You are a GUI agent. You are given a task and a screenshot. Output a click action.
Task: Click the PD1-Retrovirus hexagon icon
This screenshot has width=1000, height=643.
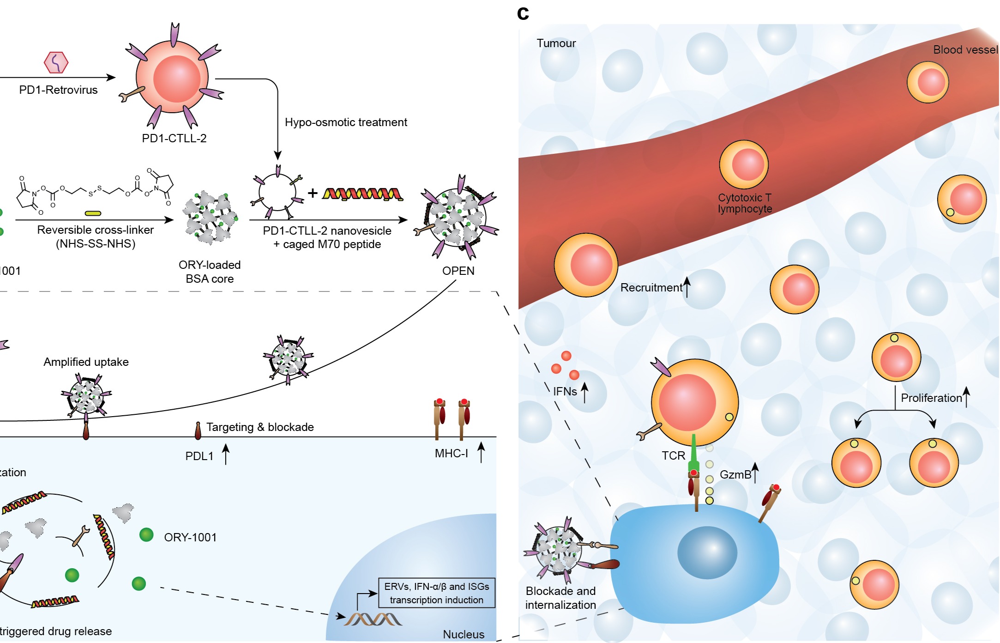(56, 62)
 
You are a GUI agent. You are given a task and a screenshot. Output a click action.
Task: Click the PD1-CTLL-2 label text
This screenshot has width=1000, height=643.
(174, 138)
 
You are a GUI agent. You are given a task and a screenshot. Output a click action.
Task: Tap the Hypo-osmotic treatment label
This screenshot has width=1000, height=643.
(346, 122)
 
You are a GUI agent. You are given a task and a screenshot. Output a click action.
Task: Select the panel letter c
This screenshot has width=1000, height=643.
(523, 13)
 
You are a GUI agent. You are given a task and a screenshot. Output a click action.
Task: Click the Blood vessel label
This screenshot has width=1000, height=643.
(965, 50)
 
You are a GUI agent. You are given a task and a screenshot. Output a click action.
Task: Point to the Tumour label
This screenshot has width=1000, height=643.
(556, 43)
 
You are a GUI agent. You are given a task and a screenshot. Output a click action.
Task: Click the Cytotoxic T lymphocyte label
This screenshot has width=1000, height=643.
(744, 203)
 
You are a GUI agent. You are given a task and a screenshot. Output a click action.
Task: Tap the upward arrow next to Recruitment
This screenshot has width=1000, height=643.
(687, 287)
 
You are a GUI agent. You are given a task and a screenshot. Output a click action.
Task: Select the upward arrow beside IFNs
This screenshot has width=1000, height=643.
(584, 392)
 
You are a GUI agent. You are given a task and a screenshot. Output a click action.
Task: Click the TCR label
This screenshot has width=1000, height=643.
(673, 456)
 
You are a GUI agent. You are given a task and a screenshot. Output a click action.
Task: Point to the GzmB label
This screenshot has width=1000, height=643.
(735, 475)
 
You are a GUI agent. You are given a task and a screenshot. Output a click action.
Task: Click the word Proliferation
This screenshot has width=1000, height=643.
(931, 398)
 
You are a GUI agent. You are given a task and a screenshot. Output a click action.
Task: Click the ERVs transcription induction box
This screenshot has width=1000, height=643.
(436, 593)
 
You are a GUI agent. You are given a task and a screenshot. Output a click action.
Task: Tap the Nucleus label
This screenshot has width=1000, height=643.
(464, 635)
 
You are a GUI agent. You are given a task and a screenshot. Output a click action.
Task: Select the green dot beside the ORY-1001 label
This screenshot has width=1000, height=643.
(146, 535)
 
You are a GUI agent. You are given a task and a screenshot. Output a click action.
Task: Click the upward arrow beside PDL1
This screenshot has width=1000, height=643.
(226, 454)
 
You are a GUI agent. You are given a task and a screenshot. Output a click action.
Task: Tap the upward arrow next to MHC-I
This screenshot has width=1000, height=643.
(481, 452)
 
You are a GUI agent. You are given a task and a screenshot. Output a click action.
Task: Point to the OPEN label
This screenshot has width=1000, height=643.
(458, 271)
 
